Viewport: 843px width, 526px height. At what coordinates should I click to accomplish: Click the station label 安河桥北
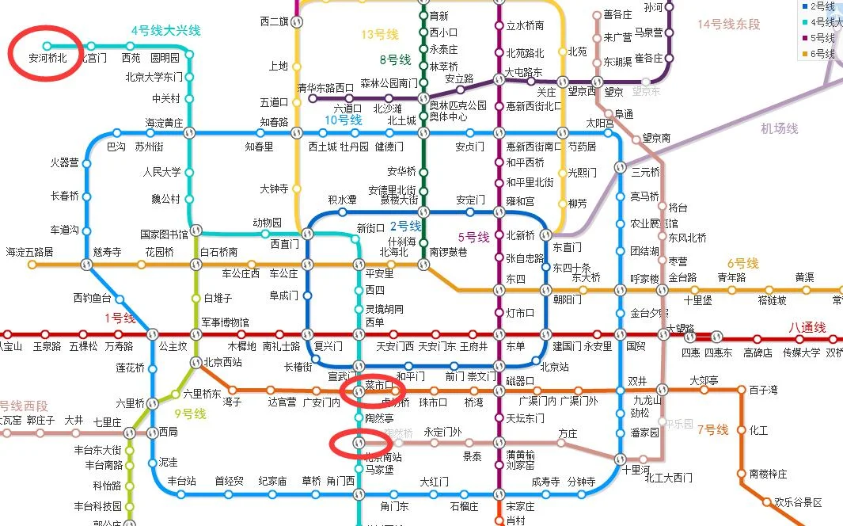point(47,58)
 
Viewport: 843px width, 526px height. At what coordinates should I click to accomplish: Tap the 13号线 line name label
point(380,35)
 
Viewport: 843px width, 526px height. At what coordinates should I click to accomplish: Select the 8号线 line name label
point(395,59)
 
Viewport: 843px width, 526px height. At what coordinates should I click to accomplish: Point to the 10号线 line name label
point(343,120)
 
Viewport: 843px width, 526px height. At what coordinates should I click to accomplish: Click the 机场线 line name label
point(780,128)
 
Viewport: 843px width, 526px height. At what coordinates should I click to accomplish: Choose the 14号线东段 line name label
point(728,25)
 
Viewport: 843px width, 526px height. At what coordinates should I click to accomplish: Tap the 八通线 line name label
point(807,328)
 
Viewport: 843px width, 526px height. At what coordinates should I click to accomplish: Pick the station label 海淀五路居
point(30,252)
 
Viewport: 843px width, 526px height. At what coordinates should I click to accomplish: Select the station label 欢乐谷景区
point(798,502)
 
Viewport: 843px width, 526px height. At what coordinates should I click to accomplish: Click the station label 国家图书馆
point(164,234)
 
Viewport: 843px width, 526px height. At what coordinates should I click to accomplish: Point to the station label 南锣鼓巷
point(448,252)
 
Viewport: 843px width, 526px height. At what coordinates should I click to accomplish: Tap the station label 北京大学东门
point(154,78)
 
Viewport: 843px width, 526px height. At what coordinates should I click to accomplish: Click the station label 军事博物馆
point(225,322)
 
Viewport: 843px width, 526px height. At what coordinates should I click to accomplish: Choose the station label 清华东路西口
point(325,87)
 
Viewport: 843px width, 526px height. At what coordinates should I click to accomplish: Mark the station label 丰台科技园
point(97,505)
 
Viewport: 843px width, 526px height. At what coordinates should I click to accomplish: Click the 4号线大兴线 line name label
point(165,31)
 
